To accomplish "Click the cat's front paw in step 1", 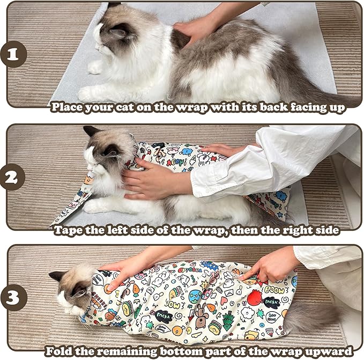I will (95, 67).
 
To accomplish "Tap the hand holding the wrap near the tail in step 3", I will (268, 266).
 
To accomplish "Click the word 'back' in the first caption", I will (276, 107).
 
